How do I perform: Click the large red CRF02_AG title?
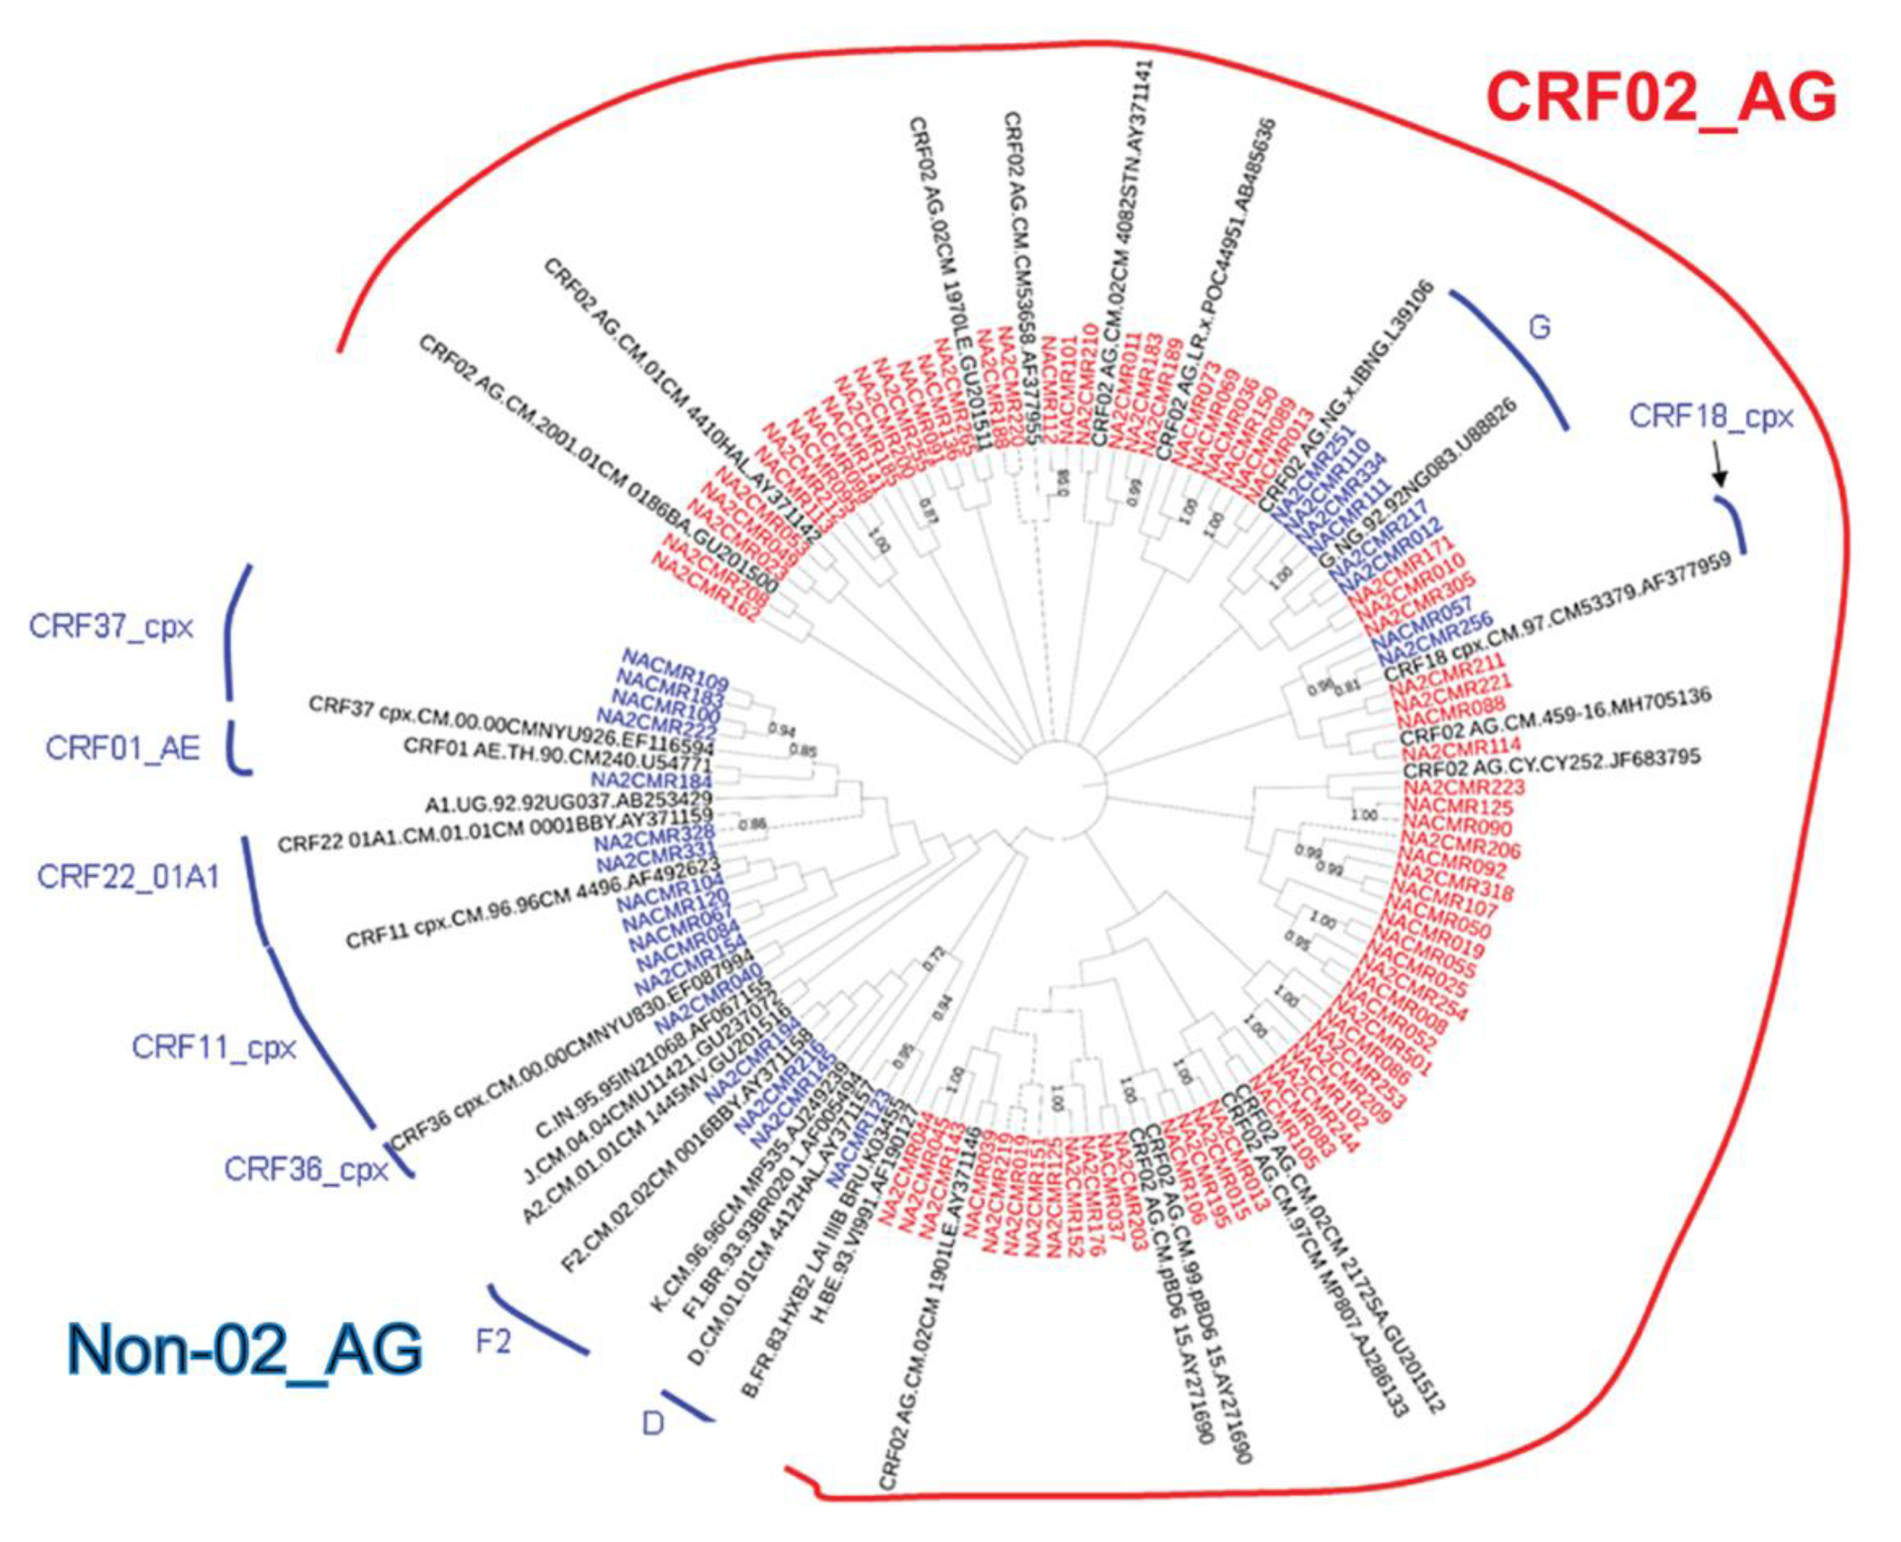pyautogui.click(x=1661, y=98)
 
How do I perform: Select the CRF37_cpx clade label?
pyautogui.click(x=111, y=627)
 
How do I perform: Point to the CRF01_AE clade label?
pyautogui.click(x=123, y=749)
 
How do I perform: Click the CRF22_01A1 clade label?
pyautogui.click(x=128, y=878)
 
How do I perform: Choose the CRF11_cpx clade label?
pyautogui.click(x=214, y=1047)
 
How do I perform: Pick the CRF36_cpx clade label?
pyautogui.click(x=307, y=1169)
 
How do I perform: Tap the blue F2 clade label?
pyautogui.click(x=494, y=1342)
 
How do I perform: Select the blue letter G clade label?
pyautogui.click(x=1540, y=328)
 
